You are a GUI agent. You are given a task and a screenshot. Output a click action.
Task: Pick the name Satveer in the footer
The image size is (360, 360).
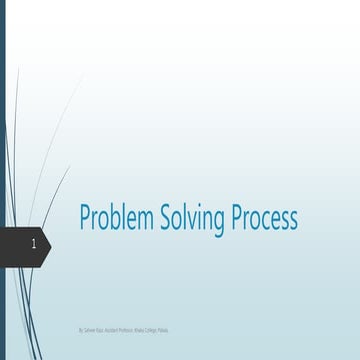90,328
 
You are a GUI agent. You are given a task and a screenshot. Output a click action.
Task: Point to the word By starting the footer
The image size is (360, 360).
81,328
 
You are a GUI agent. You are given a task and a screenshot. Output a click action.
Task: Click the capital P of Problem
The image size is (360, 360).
85,218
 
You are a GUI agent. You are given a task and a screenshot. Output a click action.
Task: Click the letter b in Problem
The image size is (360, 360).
113,218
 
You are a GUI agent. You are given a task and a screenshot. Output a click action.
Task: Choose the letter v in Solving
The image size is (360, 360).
191,220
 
